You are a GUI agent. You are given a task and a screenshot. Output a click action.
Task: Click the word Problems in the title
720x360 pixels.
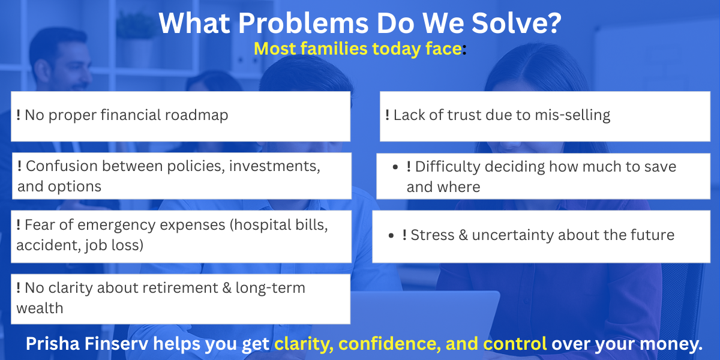(303, 23)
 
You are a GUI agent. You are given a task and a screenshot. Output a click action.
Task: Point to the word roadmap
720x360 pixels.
(196, 115)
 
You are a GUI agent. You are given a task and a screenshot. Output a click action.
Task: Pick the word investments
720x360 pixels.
(275, 167)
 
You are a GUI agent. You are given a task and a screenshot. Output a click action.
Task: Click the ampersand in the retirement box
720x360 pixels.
(227, 287)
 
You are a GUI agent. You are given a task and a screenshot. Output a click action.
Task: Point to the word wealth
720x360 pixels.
(40, 308)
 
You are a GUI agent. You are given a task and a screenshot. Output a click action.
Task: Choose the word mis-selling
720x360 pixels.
(572, 115)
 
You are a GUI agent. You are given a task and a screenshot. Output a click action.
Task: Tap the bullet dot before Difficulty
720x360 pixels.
(395, 167)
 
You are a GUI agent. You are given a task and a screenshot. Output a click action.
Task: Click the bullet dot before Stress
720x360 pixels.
(391, 236)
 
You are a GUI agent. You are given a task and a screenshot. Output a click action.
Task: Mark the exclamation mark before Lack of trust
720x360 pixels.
(388, 115)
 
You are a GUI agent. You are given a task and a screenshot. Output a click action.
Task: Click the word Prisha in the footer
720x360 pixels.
(53, 344)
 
